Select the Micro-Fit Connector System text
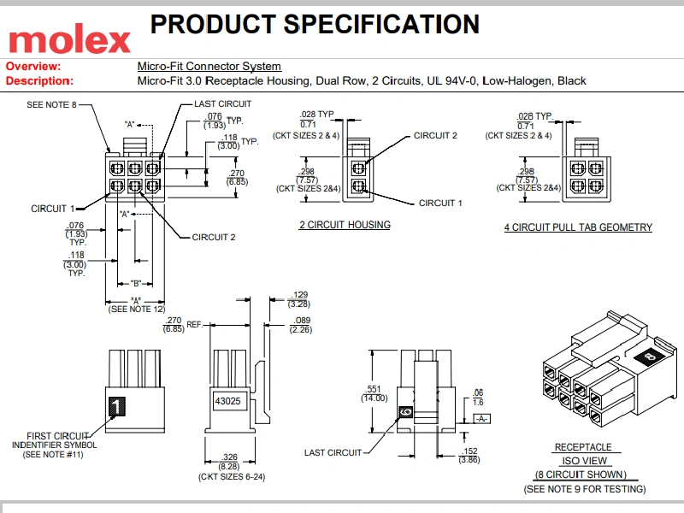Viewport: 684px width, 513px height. (x=209, y=66)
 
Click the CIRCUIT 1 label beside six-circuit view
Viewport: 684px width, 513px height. (x=53, y=208)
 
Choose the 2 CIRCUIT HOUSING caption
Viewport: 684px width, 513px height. (x=345, y=225)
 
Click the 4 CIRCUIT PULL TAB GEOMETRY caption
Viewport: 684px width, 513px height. (x=578, y=227)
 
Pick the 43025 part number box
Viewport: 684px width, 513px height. (x=228, y=399)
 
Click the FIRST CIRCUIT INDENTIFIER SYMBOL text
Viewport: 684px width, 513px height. (x=59, y=440)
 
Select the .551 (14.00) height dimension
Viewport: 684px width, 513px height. (x=374, y=392)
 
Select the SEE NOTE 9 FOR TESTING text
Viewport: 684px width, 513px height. (x=584, y=489)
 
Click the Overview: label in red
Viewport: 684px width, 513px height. (x=33, y=66)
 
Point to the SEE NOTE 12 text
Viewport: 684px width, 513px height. (x=136, y=309)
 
